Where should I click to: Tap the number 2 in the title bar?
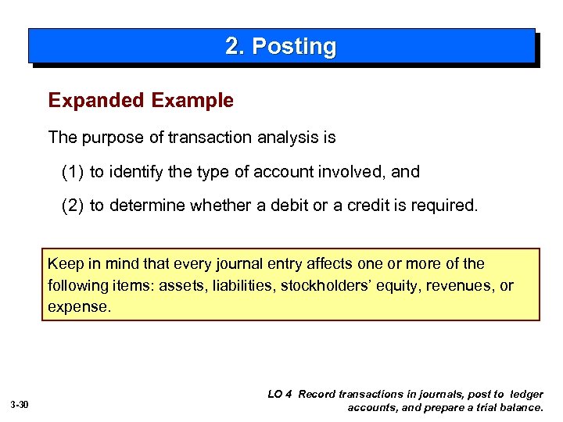(232, 47)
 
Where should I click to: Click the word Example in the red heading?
(192, 101)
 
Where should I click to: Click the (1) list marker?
(73, 172)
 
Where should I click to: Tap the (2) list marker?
(73, 206)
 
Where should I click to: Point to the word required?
(448, 206)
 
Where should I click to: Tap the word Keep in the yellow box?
(64, 264)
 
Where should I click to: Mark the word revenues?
(453, 285)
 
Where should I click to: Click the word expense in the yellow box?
(79, 306)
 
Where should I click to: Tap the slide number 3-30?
(20, 405)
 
